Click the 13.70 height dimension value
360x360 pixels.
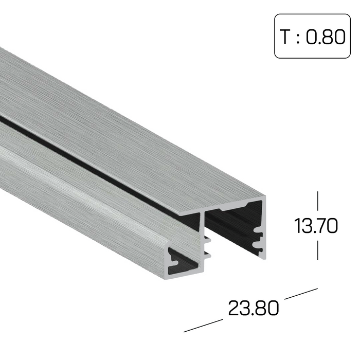[316, 226]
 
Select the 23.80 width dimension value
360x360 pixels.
[254, 308]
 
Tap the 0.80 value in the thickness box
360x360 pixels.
[326, 37]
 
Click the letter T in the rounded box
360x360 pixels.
[285, 37]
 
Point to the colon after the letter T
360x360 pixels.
[298, 38]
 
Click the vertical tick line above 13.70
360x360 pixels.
[318, 201]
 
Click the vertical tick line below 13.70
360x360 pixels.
[318, 250]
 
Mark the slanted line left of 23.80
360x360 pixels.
[203, 326]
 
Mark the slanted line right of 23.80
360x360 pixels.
[301, 294]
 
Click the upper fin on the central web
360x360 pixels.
[208, 240]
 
